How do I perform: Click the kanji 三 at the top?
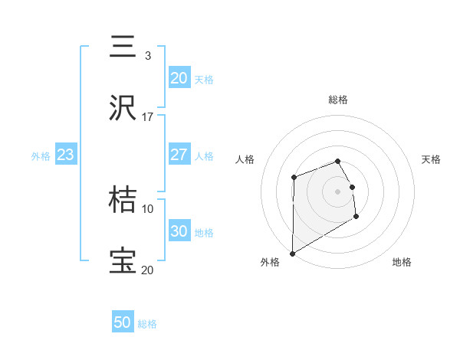(123, 47)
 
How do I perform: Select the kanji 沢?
(123, 109)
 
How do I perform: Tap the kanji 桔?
(123, 200)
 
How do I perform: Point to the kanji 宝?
(123, 261)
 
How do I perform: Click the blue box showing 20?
(179, 77)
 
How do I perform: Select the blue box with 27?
(179, 155)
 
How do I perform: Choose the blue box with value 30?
(179, 231)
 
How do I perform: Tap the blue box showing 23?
(65, 155)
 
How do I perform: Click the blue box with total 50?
(123, 322)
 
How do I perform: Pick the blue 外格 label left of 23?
(41, 155)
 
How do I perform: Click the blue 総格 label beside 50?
(147, 323)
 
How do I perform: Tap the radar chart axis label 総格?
(338, 100)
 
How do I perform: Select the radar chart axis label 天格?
(431, 159)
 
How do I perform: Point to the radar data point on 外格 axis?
(292, 253)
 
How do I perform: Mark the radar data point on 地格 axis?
(356, 218)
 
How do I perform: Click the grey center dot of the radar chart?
(338, 191)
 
